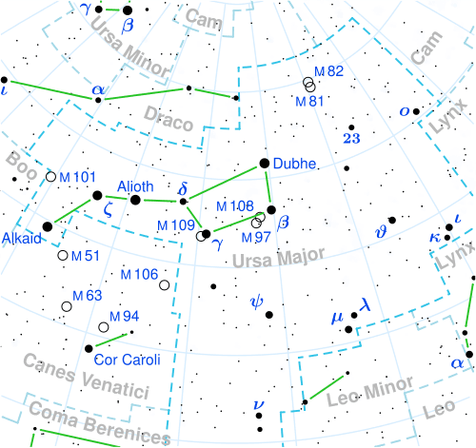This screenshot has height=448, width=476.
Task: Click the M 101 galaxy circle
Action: [x=51, y=177]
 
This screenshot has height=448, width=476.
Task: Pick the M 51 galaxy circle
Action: [x=63, y=255]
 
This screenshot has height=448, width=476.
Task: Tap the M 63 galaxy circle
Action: [x=67, y=305]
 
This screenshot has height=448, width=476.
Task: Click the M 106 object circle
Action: [x=165, y=284]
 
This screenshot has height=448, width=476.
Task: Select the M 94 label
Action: [x=125, y=316]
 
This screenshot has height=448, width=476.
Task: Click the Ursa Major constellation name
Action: [x=281, y=256]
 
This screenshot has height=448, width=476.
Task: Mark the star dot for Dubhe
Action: [x=266, y=164]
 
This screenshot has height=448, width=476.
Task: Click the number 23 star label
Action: [x=351, y=138]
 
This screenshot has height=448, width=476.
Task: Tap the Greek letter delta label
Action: [x=184, y=186]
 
